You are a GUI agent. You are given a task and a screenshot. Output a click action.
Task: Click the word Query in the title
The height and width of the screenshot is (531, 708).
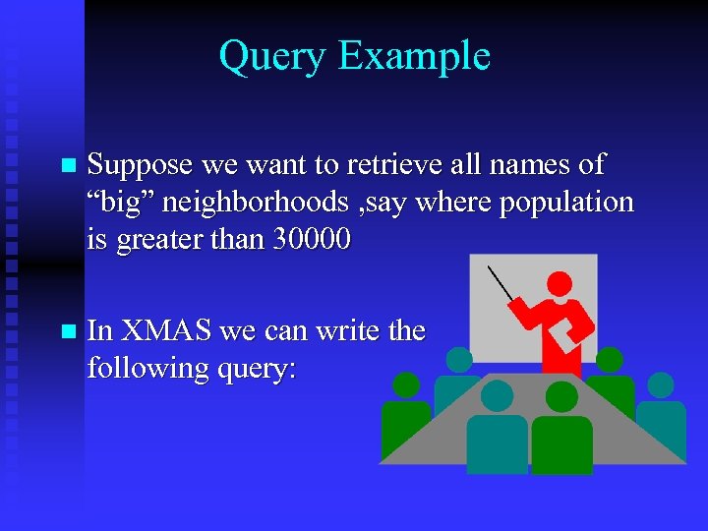point(272,56)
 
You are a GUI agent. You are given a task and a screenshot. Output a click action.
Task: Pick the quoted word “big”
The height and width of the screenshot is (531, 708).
point(119,203)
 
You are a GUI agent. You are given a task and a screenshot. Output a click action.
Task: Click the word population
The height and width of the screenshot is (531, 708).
point(562,204)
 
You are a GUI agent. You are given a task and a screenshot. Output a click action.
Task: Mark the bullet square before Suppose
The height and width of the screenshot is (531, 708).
point(66,166)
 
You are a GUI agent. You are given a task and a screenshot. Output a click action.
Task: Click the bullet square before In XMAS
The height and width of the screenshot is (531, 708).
point(66,331)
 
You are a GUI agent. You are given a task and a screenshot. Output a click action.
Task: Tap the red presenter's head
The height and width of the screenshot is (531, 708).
point(560,284)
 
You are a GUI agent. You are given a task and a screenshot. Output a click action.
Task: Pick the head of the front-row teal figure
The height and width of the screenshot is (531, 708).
point(498,395)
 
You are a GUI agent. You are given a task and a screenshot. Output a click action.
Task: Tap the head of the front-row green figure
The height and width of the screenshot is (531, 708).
point(561,396)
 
